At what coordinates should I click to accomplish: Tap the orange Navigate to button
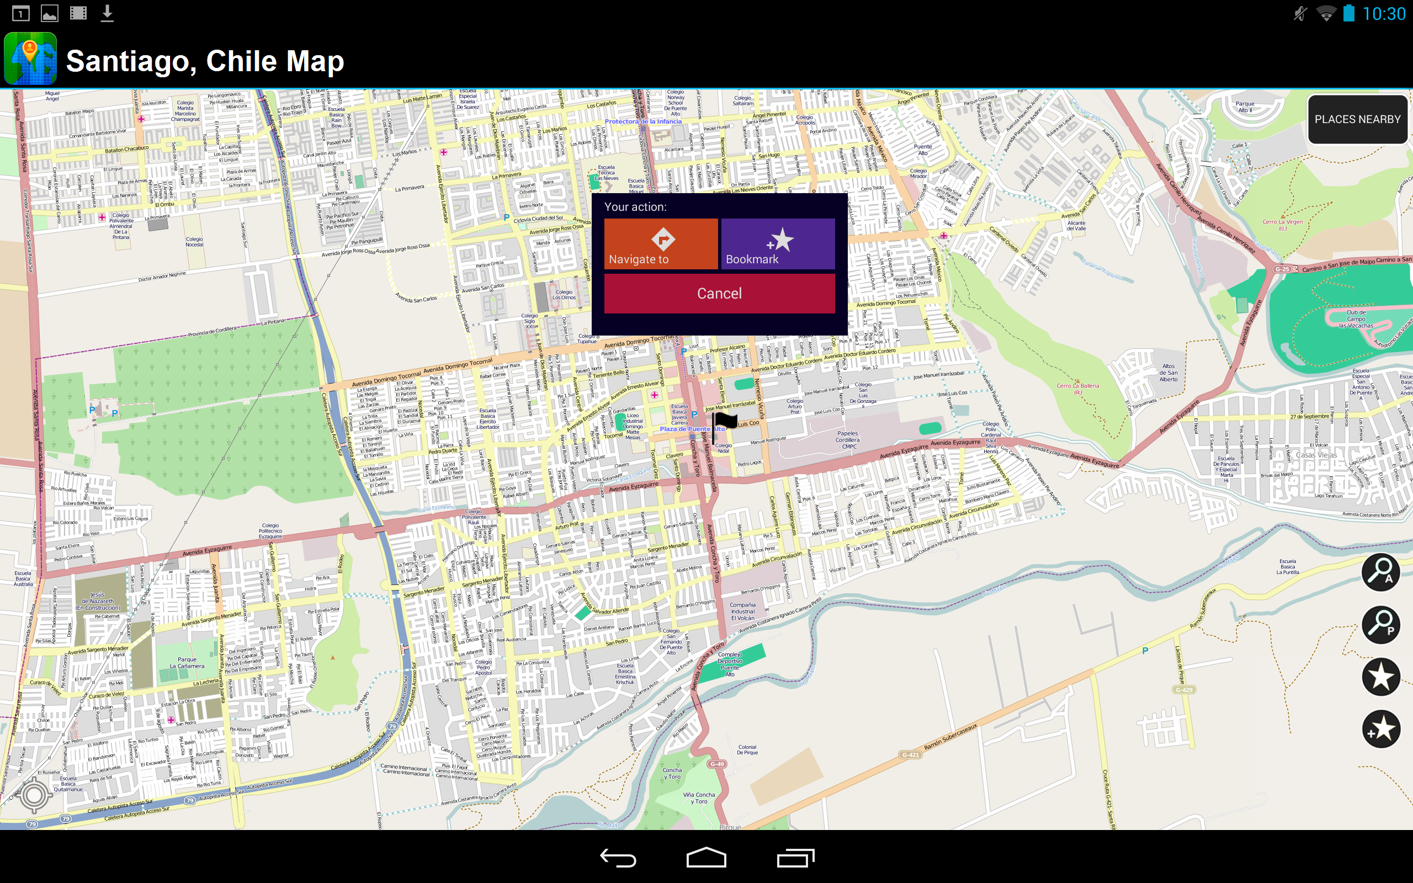[x=660, y=243]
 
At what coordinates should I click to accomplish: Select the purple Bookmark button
[x=777, y=243]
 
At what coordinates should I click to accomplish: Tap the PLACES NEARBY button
[x=1357, y=119]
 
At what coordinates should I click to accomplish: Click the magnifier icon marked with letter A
[x=1380, y=572]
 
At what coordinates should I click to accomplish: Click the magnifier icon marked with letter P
[x=1380, y=624]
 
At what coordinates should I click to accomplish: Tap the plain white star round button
[x=1380, y=676]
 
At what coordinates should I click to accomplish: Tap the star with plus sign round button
[x=1380, y=728]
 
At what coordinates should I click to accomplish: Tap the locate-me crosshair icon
[x=34, y=795]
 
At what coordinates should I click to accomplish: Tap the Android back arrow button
[x=617, y=857]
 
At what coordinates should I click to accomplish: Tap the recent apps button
[x=795, y=857]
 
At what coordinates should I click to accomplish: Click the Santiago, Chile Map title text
[x=205, y=61]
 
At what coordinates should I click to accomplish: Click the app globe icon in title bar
[x=30, y=59]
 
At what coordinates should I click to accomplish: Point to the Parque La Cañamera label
[x=187, y=663]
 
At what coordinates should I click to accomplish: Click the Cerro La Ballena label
[x=1078, y=386]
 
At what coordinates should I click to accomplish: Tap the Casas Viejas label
[x=1316, y=455]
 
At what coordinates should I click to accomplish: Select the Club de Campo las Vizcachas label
[x=1356, y=319]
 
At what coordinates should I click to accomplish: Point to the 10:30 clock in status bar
[x=1384, y=13]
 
